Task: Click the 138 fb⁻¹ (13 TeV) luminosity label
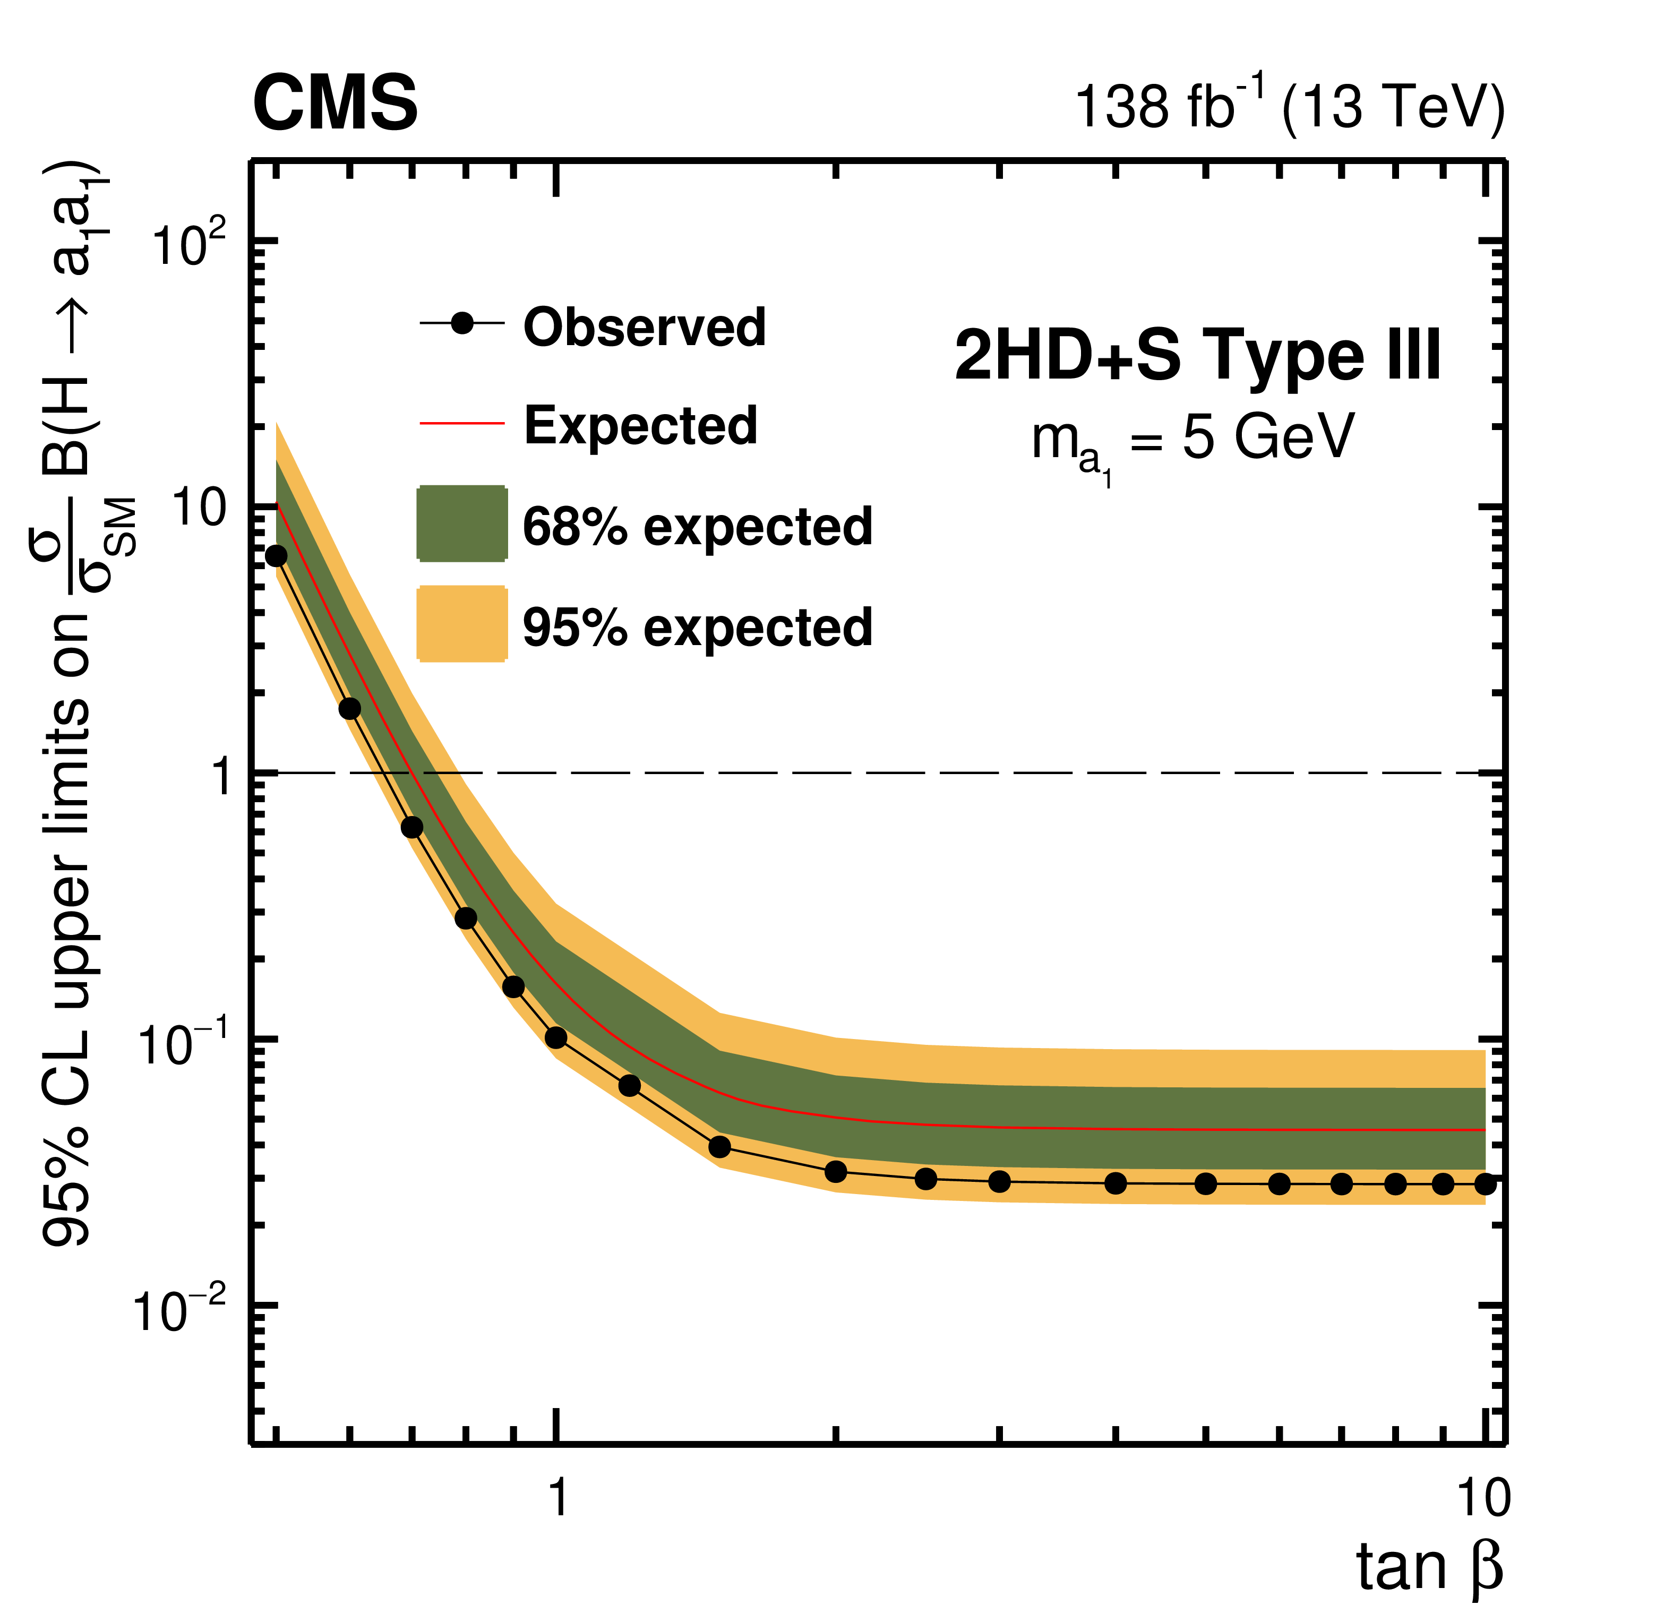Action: pyautogui.click(x=1289, y=107)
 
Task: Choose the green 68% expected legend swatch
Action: pyautogui.click(x=462, y=523)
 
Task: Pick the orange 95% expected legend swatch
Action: pyautogui.click(x=462, y=624)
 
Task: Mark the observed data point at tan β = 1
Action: pyautogui.click(x=556, y=1038)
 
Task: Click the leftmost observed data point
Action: pyautogui.click(x=276, y=556)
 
